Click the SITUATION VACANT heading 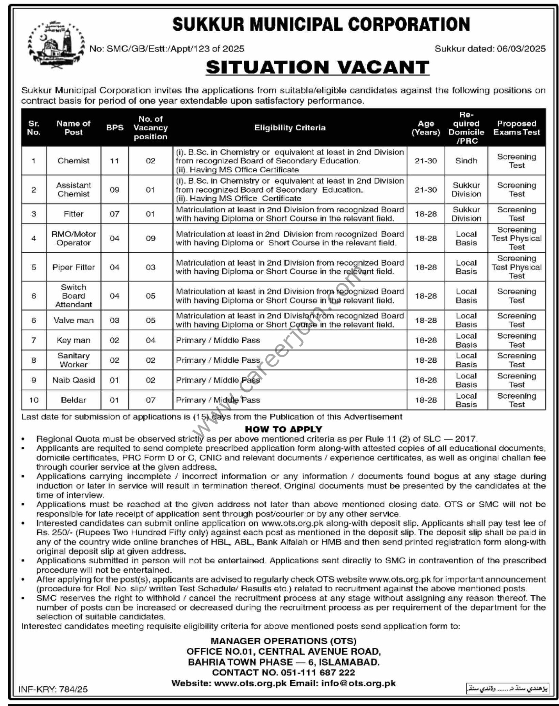point(317,67)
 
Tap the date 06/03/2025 point(521,49)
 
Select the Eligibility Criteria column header point(289,128)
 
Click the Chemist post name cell point(73,161)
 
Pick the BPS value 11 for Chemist point(114,161)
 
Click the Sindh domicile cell point(466,161)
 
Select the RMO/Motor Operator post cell point(73,239)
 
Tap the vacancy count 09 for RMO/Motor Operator point(150,239)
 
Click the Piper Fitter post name point(73,267)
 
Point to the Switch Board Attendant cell point(73,296)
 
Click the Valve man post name point(73,320)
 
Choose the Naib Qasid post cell point(73,380)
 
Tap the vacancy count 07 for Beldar point(150,400)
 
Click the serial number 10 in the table point(34,400)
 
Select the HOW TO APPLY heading point(283,429)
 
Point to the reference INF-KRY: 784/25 point(53,689)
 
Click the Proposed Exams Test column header point(516,128)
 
